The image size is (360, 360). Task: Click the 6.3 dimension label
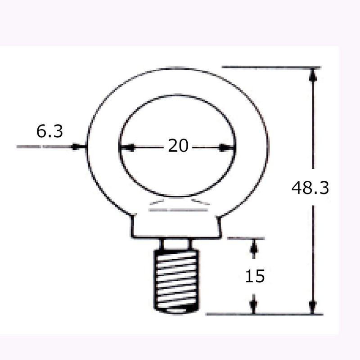click(49, 132)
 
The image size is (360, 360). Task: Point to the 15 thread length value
click(254, 276)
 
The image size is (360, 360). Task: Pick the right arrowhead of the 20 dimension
click(229, 147)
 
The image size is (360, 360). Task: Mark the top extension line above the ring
click(270, 68)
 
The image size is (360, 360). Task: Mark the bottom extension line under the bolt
click(265, 314)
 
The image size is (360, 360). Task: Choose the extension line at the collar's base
click(245, 238)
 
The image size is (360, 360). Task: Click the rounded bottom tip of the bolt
click(176, 310)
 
